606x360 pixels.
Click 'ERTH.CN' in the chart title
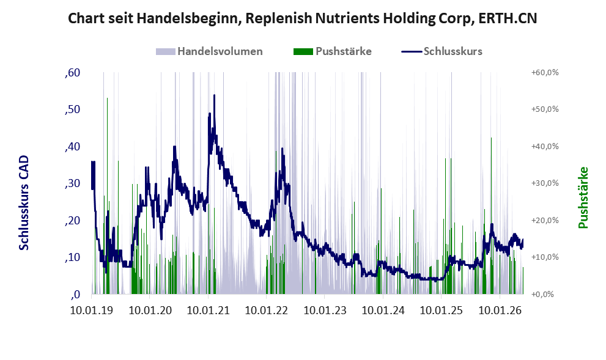pos(508,18)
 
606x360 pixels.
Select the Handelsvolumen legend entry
pos(209,51)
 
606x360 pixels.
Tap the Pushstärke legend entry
pos(333,51)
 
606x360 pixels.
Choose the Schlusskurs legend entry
pos(442,51)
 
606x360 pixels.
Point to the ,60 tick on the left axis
pos(73,73)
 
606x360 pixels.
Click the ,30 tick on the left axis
pos(73,183)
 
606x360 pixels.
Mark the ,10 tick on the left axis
pos(73,257)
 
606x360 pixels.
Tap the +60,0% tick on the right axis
pos(545,73)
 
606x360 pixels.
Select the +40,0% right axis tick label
pos(545,147)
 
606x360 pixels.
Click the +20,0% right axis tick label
pos(545,220)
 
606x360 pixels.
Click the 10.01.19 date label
pos(92,310)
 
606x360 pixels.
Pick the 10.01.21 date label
pos(209,310)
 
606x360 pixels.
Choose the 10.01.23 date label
pos(325,310)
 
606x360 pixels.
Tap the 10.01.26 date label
pos(500,310)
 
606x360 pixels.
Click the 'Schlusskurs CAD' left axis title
pos(24,203)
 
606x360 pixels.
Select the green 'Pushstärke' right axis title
pos(583,198)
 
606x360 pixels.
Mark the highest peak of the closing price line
pos(214,95)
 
